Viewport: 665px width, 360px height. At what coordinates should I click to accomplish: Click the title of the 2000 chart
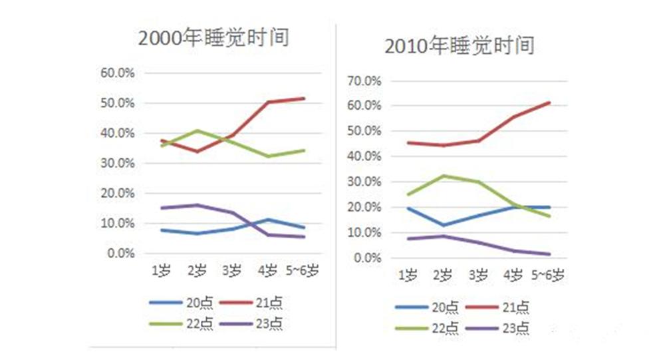pyautogui.click(x=213, y=38)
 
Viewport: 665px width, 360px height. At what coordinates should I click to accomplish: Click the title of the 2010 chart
pyautogui.click(x=459, y=47)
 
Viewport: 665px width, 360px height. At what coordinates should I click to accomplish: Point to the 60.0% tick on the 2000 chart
pyautogui.click(x=118, y=73)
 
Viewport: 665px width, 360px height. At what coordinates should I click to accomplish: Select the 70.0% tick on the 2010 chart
pyautogui.click(x=364, y=81)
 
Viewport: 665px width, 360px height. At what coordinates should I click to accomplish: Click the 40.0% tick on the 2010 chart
pyautogui.click(x=364, y=157)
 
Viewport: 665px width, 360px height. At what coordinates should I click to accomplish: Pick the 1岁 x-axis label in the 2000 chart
pyautogui.click(x=160, y=271)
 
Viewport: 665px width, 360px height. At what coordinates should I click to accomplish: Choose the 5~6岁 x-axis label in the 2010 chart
pyautogui.click(x=549, y=275)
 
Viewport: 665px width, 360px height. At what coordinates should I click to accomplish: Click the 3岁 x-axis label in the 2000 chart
pyautogui.click(x=232, y=271)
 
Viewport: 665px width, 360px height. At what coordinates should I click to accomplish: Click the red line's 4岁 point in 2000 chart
pyautogui.click(x=268, y=102)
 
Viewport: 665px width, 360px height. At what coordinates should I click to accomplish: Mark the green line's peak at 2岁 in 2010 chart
pyautogui.click(x=442, y=176)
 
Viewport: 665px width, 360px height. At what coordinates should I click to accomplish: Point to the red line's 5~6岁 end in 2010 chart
pyautogui.click(x=549, y=102)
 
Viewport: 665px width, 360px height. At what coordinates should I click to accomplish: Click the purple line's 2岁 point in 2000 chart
pyautogui.click(x=196, y=205)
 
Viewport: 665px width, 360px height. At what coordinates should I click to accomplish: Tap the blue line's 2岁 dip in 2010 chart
pyautogui.click(x=442, y=225)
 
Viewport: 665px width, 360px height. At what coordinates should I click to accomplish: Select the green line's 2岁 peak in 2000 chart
pyautogui.click(x=196, y=130)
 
